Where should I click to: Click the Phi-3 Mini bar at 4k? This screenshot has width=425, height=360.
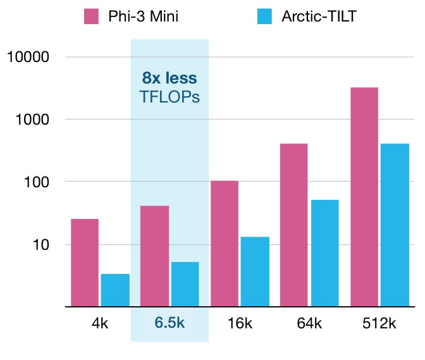click(85, 263)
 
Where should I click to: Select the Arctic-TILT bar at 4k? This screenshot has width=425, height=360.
click(115, 290)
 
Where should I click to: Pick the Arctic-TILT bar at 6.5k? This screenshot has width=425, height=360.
click(185, 284)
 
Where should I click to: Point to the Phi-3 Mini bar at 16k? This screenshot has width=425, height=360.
click(225, 244)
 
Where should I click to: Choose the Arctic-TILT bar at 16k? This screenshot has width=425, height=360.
click(255, 271)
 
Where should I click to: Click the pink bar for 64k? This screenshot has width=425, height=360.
click(293, 225)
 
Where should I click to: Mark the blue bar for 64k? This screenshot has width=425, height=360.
click(325, 253)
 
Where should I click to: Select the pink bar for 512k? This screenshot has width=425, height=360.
click(364, 197)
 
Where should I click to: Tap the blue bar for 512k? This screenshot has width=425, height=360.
click(395, 225)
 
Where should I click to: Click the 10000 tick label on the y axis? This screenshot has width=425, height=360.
click(28, 57)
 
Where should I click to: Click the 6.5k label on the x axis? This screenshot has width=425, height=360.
click(169, 323)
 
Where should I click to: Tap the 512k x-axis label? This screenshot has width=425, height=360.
click(379, 323)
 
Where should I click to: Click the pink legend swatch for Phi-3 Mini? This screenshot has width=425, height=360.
click(93, 16)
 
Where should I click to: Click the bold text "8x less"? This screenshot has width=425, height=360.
click(169, 78)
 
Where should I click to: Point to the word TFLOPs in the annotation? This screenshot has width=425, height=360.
click(169, 97)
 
